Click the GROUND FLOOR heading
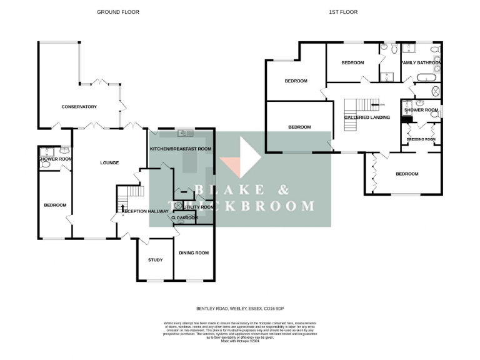point(117,12)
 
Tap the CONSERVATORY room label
point(79,107)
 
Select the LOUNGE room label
point(109,162)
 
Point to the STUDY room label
point(155,260)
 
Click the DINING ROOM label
point(194,252)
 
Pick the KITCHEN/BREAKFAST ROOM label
point(180,149)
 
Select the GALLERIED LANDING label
point(367,117)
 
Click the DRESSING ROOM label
point(421,139)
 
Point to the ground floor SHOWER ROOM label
point(56,159)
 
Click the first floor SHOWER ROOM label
point(421,110)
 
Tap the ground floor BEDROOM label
point(54,205)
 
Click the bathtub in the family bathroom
point(428,78)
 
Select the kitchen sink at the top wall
point(186,132)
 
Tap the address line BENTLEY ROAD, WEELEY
point(240,308)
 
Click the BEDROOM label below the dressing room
point(406,174)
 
